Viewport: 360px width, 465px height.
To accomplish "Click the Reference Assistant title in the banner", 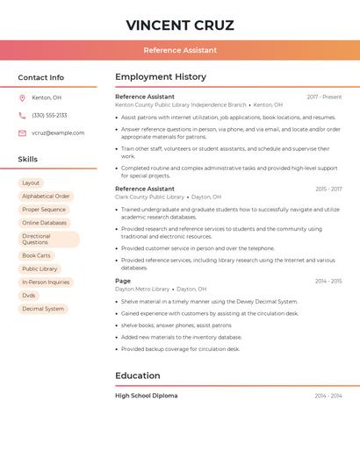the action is (180, 50).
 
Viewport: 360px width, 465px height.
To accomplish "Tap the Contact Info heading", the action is (40, 77).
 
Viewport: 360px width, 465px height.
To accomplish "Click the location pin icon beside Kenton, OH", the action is (22, 97).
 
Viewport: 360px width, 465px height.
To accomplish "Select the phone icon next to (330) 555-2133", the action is (22, 115).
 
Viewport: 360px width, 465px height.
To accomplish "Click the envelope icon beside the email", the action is (22, 132).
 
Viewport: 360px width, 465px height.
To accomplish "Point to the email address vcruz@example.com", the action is (58, 132).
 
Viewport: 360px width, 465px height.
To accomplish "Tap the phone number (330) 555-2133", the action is (49, 115).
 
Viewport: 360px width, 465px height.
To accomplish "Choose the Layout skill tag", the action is (31, 182).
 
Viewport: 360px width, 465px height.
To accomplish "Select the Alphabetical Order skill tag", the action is (46, 197).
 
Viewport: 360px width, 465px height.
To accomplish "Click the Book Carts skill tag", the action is (36, 255).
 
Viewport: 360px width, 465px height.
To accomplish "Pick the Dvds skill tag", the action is (29, 296).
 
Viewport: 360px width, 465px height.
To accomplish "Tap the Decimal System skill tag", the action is (43, 309).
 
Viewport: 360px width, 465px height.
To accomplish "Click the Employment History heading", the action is (161, 76).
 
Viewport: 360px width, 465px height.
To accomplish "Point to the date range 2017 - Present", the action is (324, 97).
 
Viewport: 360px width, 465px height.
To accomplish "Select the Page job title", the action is (123, 281).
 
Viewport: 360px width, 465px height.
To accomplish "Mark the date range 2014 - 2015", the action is (328, 281).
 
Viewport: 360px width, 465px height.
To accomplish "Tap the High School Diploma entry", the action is (146, 396).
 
